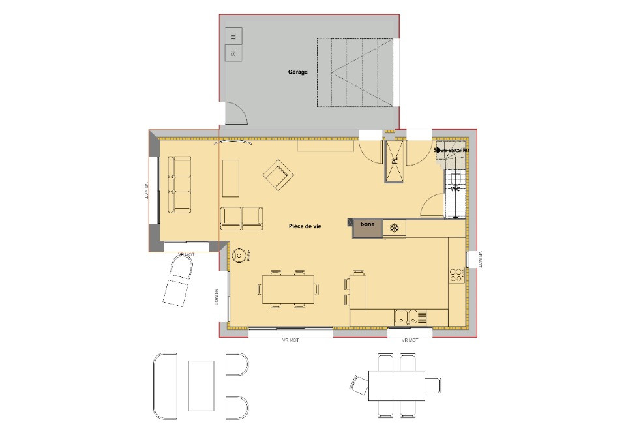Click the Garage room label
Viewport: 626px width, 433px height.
(298, 72)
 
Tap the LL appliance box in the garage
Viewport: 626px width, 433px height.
(233, 36)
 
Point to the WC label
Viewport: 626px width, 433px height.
(456, 189)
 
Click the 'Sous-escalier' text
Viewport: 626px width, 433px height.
(451, 150)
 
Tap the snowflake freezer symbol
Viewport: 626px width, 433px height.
(394, 228)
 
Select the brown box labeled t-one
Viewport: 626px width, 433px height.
(368, 228)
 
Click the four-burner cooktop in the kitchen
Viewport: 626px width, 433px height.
(456, 275)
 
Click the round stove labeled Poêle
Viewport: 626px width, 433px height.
(239, 256)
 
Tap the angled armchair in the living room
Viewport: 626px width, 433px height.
(278, 175)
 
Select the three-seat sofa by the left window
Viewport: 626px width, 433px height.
(180, 184)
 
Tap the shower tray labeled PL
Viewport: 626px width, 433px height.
(394, 162)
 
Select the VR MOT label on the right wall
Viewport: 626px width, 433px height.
(480, 260)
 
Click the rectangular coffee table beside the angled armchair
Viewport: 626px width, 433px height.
(231, 178)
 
